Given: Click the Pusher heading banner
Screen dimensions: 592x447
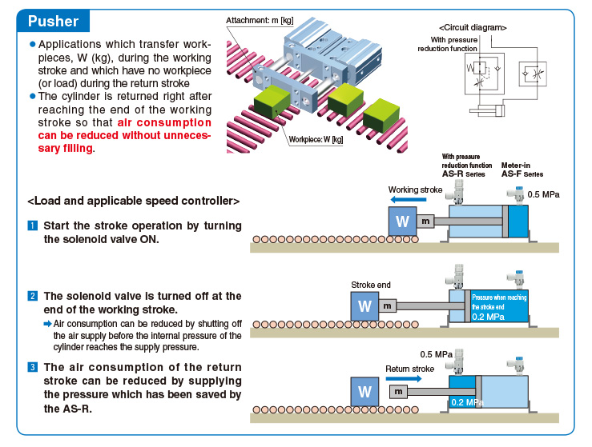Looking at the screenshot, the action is click(x=53, y=21).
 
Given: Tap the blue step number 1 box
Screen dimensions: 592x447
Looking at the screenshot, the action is click(x=33, y=225).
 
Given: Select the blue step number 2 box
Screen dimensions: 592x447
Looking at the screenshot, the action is click(x=33, y=296).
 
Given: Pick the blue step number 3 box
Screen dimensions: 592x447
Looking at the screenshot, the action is click(x=33, y=367).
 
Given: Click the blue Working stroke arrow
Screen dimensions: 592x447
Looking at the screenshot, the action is click(x=408, y=199).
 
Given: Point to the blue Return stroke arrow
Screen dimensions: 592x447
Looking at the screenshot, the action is click(x=404, y=378).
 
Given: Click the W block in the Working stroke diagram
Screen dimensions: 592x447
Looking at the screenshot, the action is click(x=402, y=222).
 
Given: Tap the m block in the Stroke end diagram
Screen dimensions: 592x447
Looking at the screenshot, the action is click(x=387, y=305).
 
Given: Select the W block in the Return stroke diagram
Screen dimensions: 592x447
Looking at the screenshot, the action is click(x=364, y=392).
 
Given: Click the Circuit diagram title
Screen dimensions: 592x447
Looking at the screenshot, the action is click(x=473, y=27).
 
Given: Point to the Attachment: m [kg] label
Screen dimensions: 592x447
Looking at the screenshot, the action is click(x=260, y=20).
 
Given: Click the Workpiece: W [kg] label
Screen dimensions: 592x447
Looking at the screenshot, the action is click(x=316, y=139).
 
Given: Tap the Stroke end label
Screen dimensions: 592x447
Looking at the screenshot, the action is click(x=371, y=285).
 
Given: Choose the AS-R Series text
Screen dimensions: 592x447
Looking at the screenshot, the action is click(x=463, y=174).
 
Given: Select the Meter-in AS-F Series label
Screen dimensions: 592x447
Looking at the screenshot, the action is click(x=522, y=170).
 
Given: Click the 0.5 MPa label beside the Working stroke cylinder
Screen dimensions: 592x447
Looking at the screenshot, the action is click(x=543, y=194).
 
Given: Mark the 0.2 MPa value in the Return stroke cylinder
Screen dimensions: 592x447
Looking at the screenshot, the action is click(x=467, y=402).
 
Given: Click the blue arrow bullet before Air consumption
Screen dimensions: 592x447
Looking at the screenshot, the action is click(x=47, y=324).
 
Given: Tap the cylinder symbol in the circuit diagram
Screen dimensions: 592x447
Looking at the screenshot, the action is click(x=487, y=110).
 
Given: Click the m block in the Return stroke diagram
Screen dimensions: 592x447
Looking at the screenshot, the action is click(x=398, y=392).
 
